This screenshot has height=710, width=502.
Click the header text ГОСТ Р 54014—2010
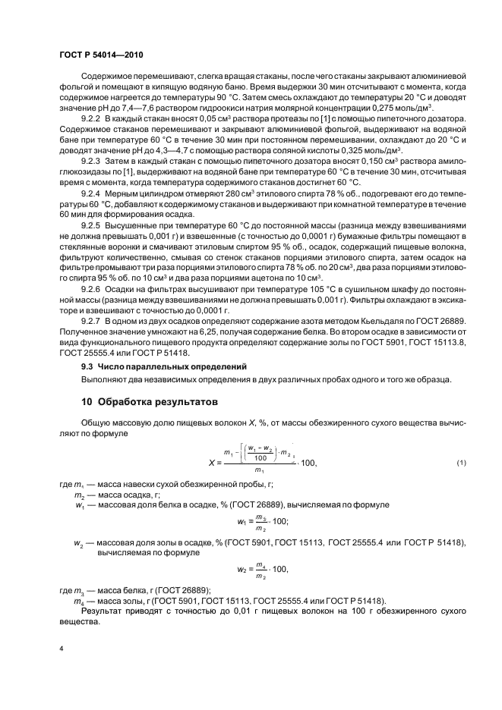pyautogui.click(x=100, y=55)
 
